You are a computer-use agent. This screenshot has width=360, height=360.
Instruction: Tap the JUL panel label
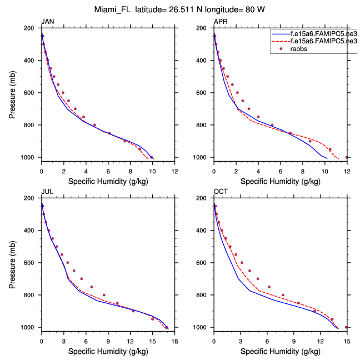click(47, 192)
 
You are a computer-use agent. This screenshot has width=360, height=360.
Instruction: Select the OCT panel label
click(221, 192)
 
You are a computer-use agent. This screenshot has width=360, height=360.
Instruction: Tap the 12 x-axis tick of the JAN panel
click(174, 171)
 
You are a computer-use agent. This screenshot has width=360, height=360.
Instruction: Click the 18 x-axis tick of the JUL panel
click(174, 341)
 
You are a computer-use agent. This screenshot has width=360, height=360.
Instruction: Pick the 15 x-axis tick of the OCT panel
click(347, 341)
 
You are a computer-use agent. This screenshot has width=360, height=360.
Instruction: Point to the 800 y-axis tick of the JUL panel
click(31, 295)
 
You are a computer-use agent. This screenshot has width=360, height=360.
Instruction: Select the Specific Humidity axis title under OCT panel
click(280, 351)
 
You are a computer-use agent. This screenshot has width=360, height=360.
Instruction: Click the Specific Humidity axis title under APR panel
click(280, 181)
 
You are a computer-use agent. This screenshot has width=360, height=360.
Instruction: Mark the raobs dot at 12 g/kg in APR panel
click(347, 157)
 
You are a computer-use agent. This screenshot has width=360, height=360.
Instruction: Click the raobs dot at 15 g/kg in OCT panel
click(346, 327)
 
